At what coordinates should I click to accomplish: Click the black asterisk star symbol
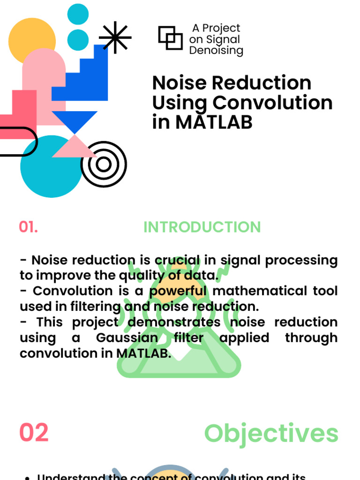pyautogui.click(x=115, y=37)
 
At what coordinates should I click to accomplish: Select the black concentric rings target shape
pyautogui.click(x=104, y=164)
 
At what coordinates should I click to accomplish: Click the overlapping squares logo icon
pyautogui.click(x=170, y=38)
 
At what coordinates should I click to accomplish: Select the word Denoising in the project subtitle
pyautogui.click(x=216, y=51)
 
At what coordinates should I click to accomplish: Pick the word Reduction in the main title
pyautogui.click(x=261, y=83)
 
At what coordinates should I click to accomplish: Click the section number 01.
pyautogui.click(x=28, y=227)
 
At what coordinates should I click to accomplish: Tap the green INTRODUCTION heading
pyautogui.click(x=202, y=227)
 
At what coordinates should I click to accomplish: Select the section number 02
pyautogui.click(x=34, y=432)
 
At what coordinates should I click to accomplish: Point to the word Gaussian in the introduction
pyautogui.click(x=127, y=337)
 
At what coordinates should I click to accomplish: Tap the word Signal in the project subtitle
pyautogui.click(x=222, y=39)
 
